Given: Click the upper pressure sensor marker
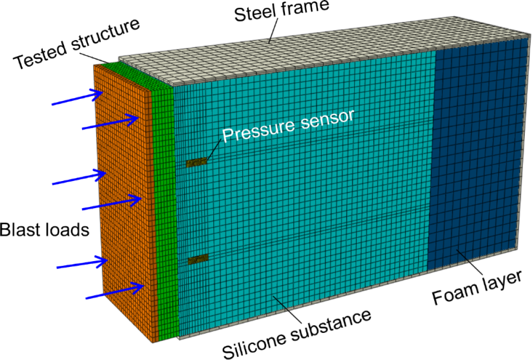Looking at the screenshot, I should point(197,163).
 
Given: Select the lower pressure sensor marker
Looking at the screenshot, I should point(197,258).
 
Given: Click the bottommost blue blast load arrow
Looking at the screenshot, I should point(115,291).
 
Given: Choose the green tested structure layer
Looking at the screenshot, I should point(165,208).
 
